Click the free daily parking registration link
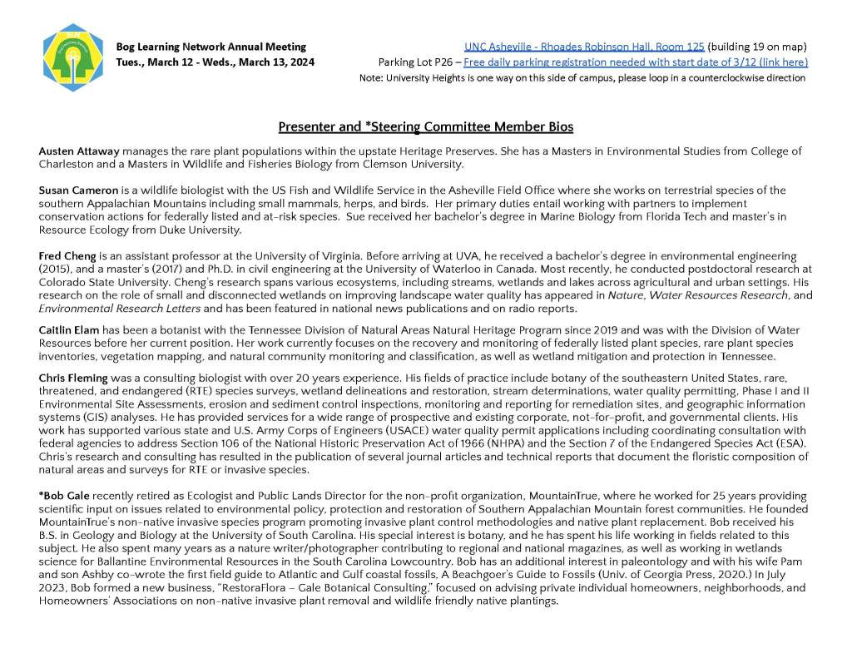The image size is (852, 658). click(636, 62)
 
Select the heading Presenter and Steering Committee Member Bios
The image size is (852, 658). click(425, 126)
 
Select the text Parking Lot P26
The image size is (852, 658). click(414, 62)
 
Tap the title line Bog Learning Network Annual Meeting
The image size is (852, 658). click(211, 47)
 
